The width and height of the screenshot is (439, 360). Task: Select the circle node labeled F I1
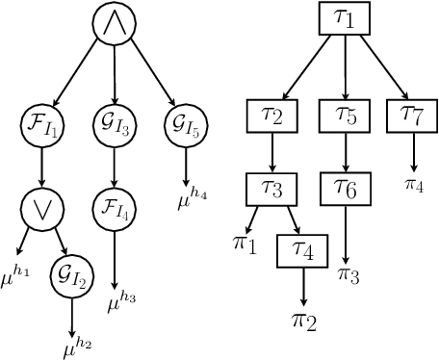pyautogui.click(x=40, y=124)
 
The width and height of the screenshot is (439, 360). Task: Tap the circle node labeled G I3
pyautogui.click(x=115, y=124)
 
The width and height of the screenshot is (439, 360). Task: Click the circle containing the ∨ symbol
pyautogui.click(x=40, y=210)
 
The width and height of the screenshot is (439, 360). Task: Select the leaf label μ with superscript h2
pyautogui.click(x=75, y=344)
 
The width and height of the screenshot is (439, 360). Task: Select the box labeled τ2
pyautogui.click(x=272, y=116)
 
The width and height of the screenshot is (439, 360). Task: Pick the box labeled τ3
pyautogui.click(x=272, y=189)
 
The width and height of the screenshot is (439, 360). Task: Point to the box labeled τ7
pyautogui.click(x=413, y=116)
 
